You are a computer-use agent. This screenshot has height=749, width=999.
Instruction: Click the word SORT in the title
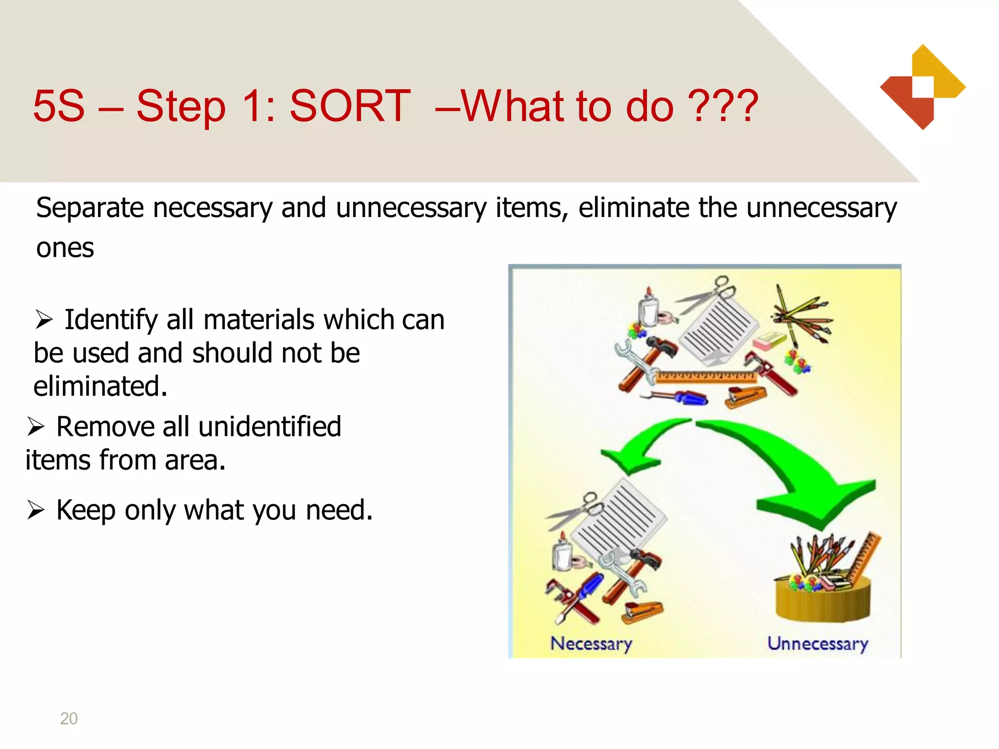coord(350,106)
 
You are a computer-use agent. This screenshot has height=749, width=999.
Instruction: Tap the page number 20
coord(69,718)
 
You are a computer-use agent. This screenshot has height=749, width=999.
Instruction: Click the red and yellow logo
coord(922,87)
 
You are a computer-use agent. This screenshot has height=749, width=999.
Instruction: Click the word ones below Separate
coord(65,248)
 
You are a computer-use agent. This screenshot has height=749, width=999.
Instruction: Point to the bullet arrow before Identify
coord(44,320)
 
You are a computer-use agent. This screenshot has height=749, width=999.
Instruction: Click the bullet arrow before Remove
coord(36,427)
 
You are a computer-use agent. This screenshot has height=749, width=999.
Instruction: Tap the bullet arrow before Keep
coord(36,510)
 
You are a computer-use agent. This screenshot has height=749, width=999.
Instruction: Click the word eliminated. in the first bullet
coord(100,386)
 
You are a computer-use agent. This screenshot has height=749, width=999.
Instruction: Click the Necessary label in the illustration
coord(591,644)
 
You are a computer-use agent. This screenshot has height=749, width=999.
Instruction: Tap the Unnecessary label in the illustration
coord(818,644)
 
